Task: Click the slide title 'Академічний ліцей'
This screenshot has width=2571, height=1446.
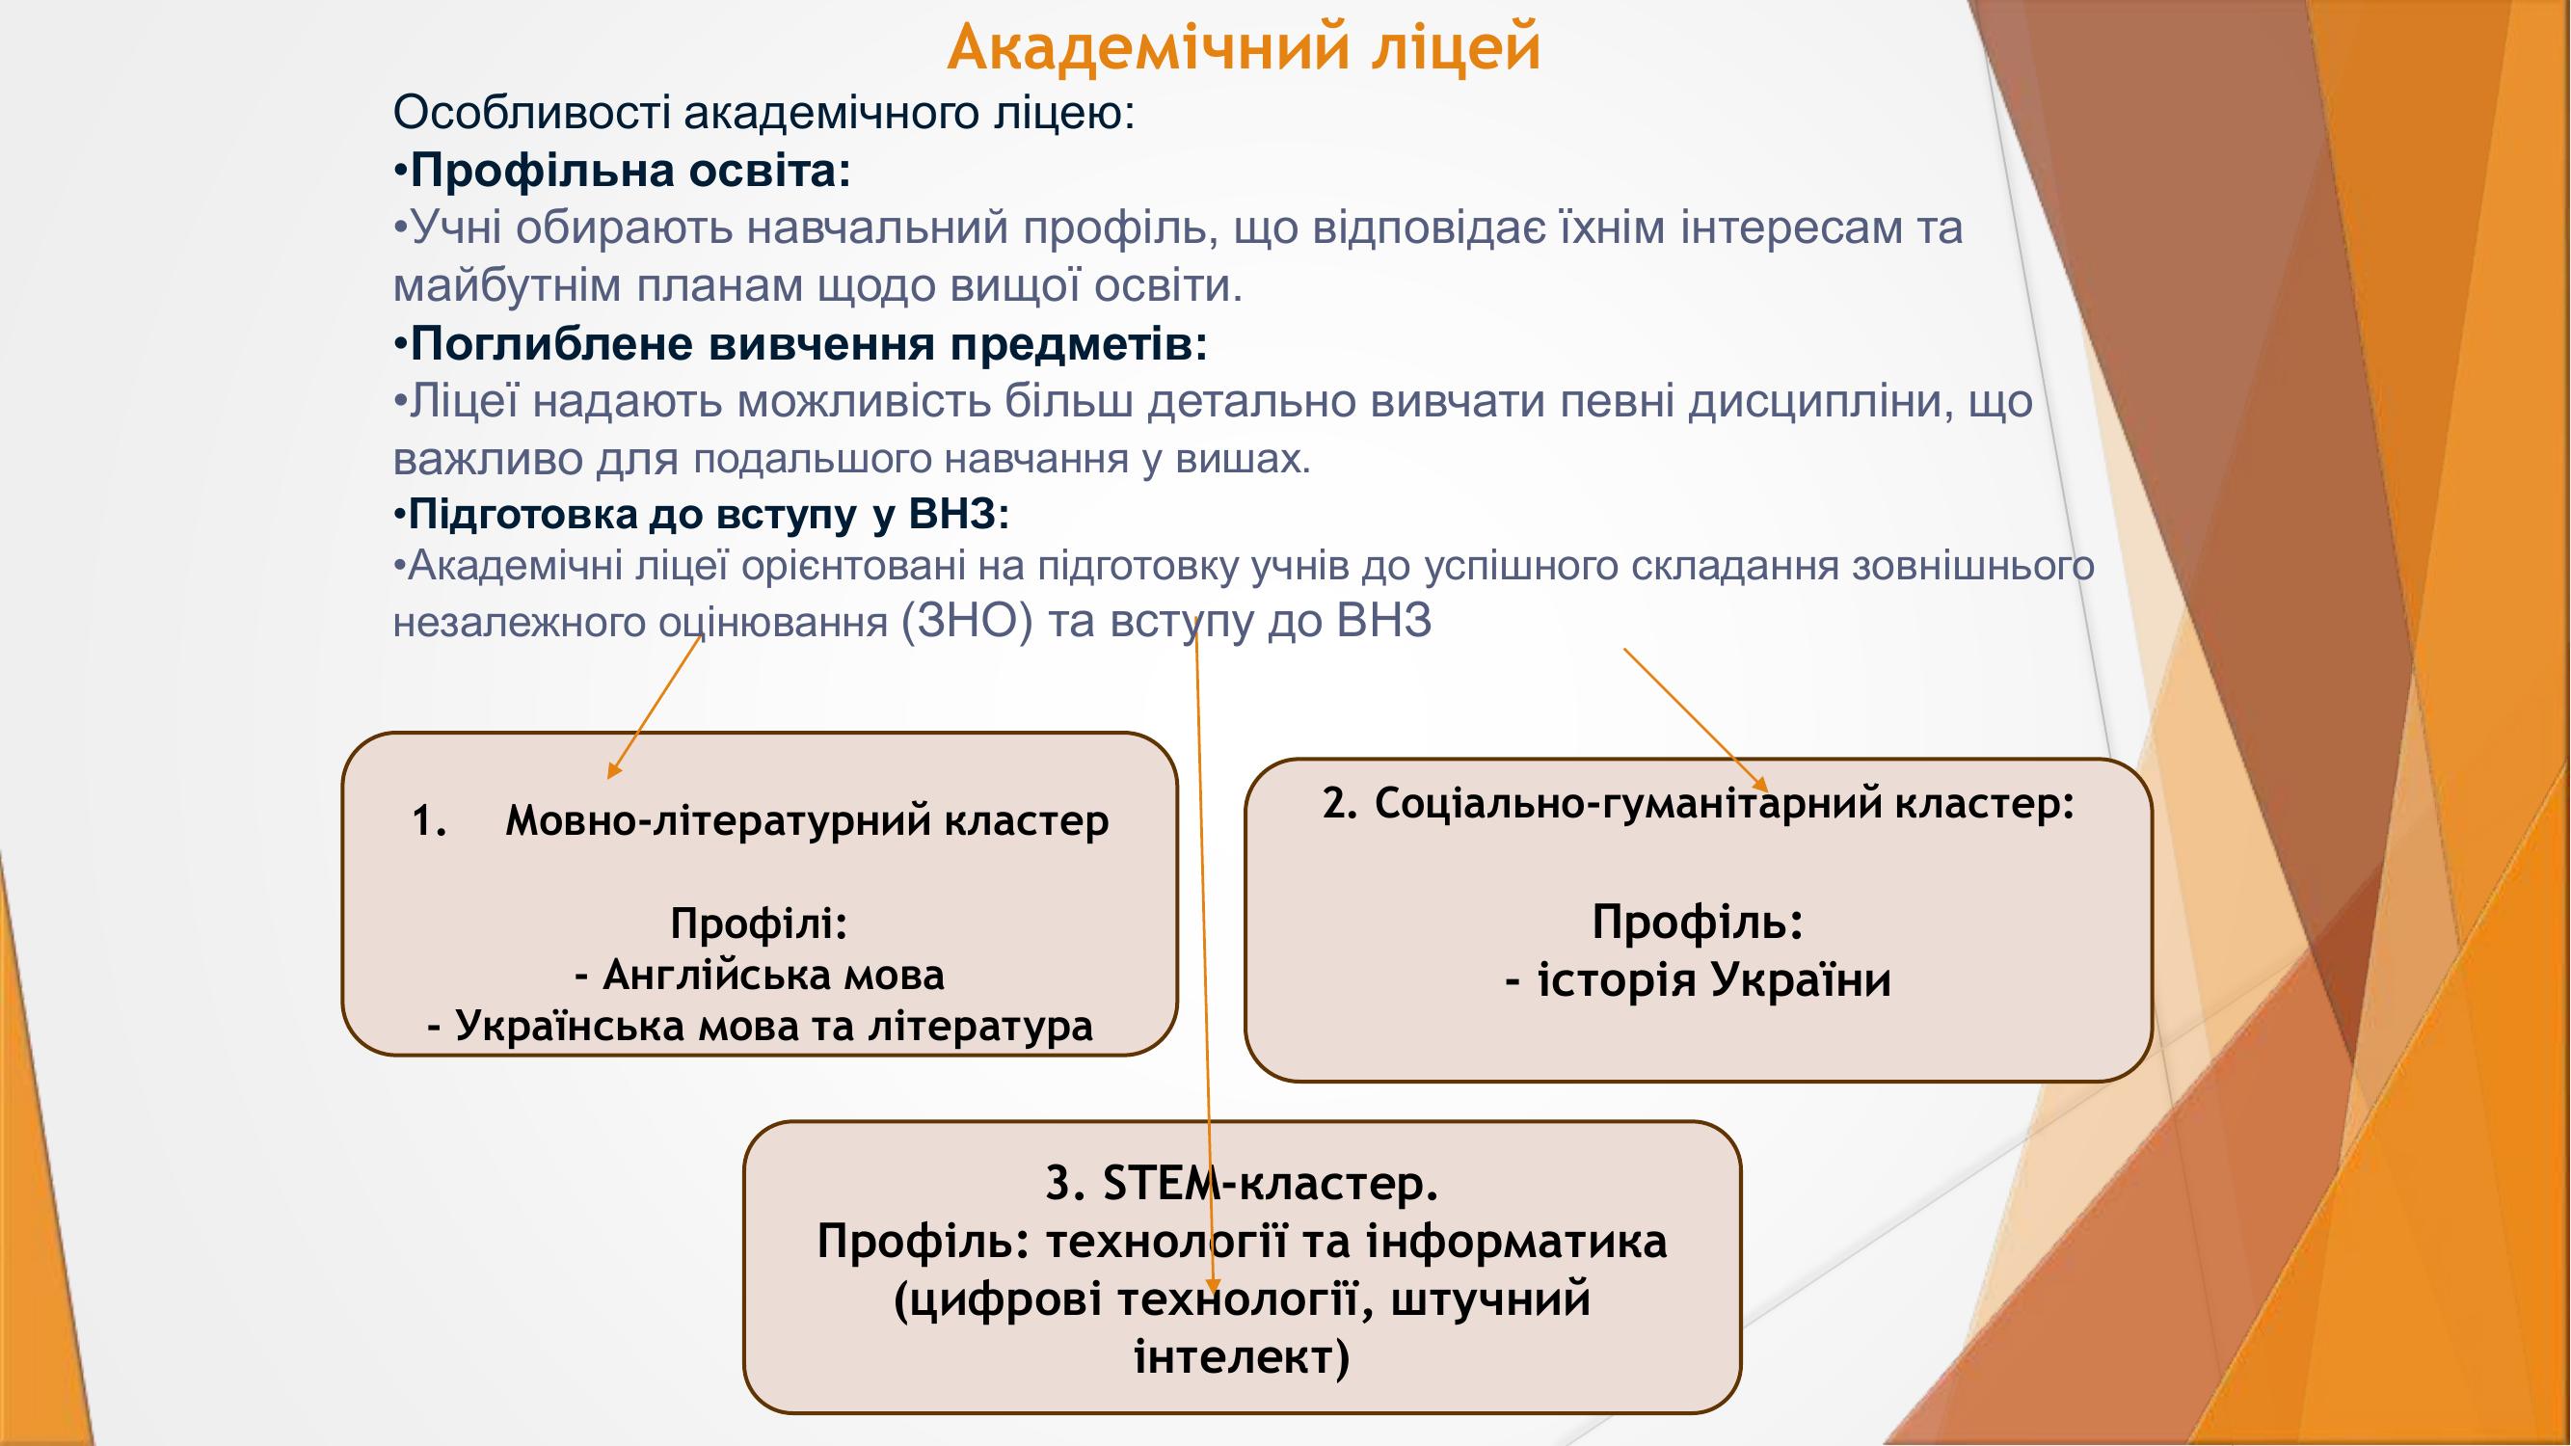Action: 1244,47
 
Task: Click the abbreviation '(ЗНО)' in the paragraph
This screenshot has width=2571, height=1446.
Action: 966,621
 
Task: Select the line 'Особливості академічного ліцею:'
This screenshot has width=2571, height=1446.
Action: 763,113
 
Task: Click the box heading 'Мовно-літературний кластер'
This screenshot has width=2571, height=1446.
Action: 807,821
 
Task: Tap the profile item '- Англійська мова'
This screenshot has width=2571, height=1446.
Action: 760,975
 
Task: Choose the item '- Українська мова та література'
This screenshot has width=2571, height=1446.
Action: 760,1026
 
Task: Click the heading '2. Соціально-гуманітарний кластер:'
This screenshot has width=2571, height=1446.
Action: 1698,803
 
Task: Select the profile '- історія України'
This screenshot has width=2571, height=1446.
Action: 1698,979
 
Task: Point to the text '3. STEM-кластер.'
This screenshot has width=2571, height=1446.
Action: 1242,1184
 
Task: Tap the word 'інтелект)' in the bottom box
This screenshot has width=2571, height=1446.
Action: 1242,1358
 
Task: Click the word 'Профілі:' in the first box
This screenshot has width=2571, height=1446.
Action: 760,924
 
